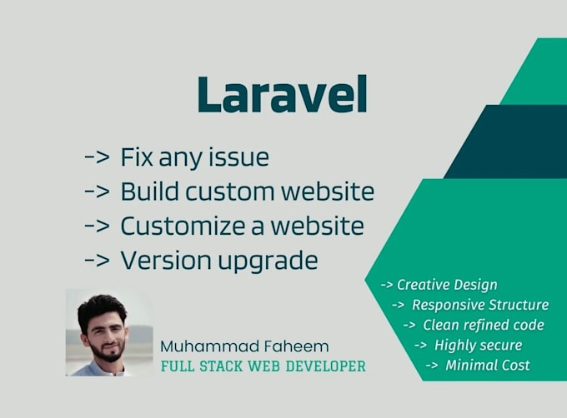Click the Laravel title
[282, 96]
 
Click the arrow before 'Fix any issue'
[97, 157]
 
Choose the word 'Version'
[160, 261]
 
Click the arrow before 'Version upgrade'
[97, 261]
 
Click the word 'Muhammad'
[207, 346]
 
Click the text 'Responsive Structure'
[479, 305]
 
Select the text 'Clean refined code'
[482, 325]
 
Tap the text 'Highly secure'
[479, 345]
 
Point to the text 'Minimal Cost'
[487, 365]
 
